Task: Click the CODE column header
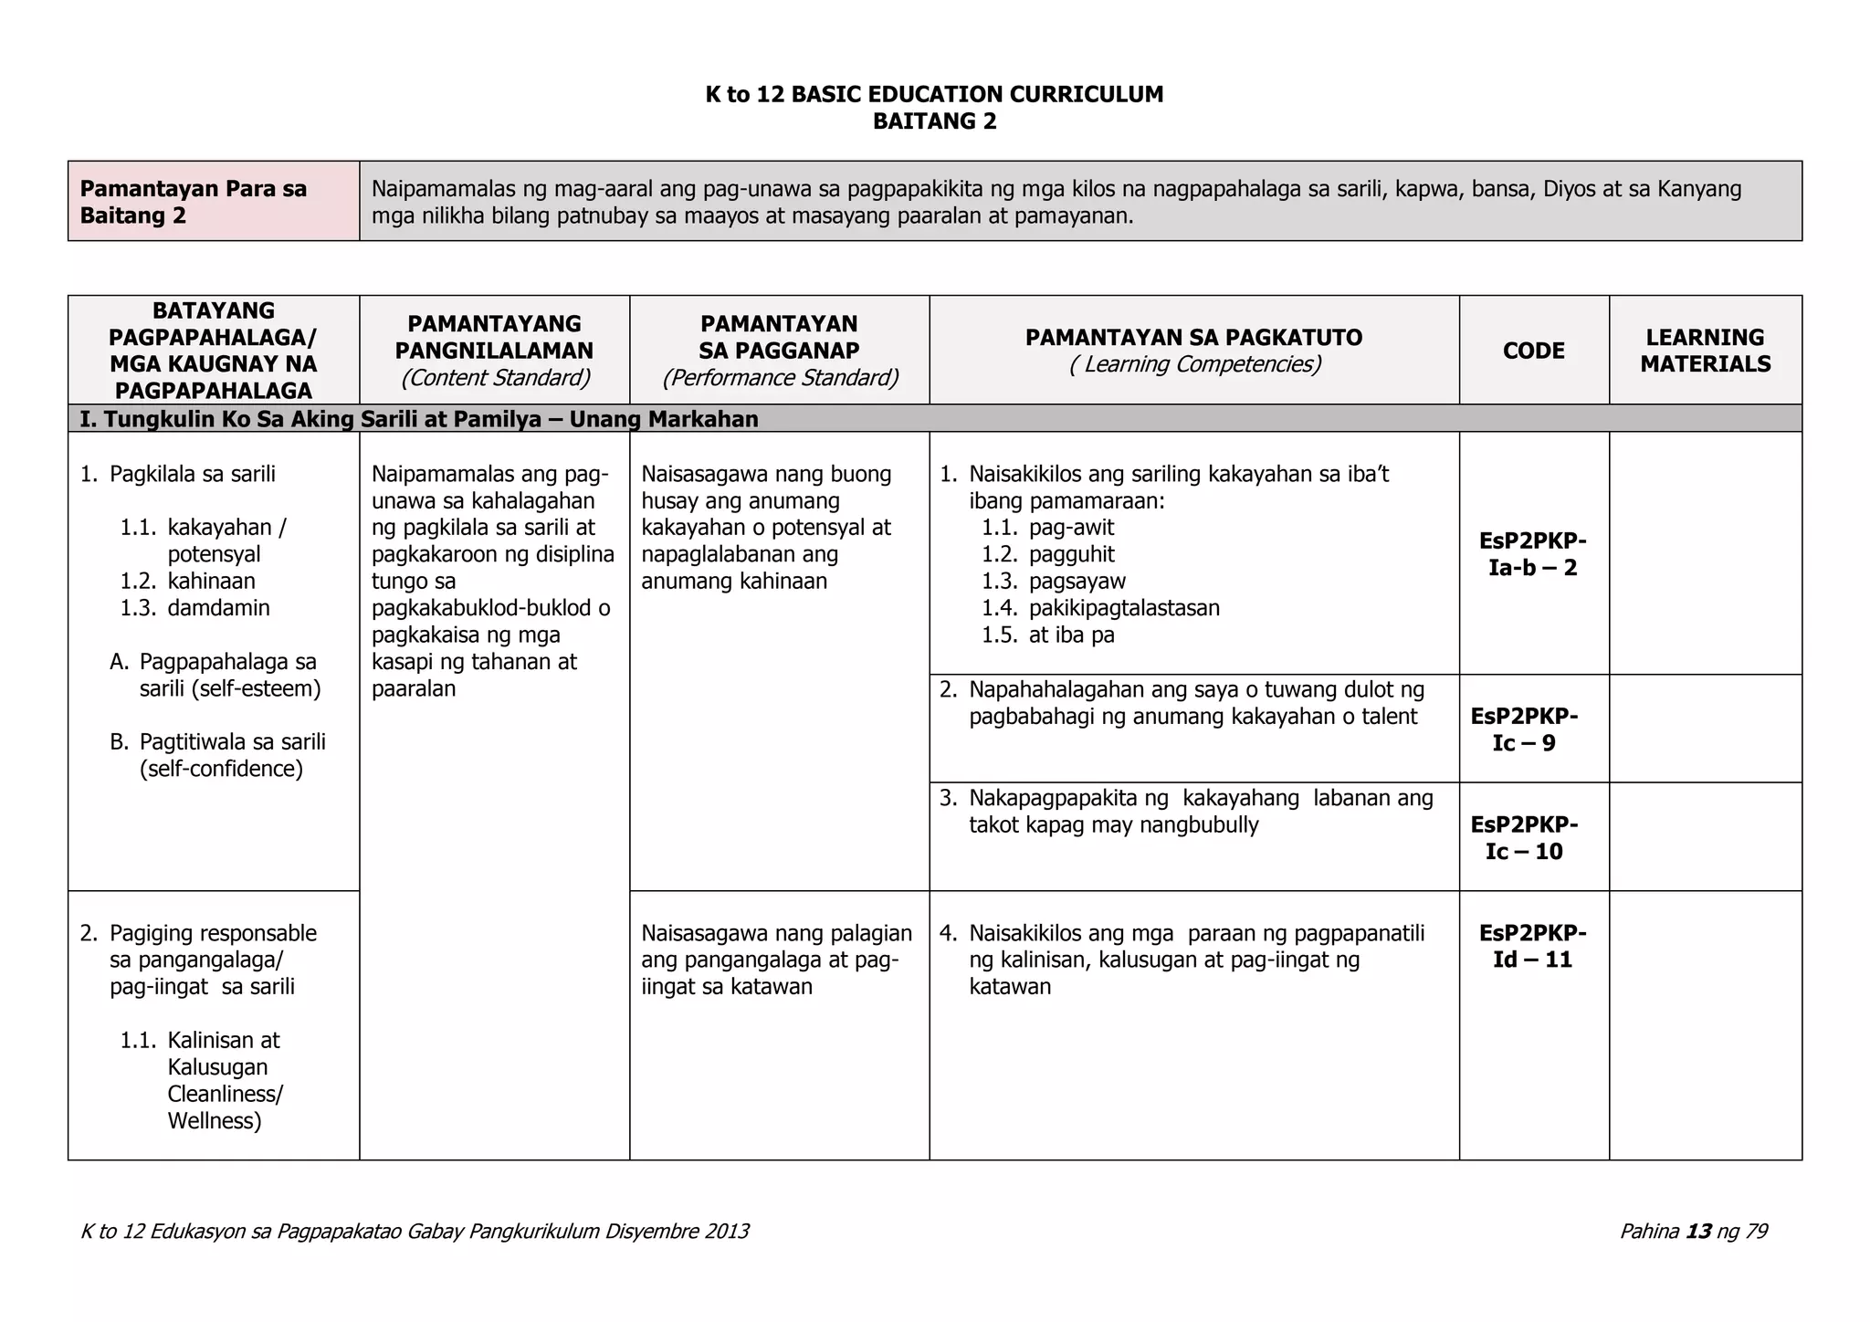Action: click(x=1533, y=351)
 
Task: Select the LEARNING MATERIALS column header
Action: click(x=1705, y=351)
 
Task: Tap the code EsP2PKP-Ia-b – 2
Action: click(x=1532, y=554)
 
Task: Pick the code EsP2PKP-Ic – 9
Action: click(x=1524, y=729)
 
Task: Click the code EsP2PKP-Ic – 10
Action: click(x=1524, y=838)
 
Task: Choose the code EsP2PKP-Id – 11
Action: click(x=1532, y=946)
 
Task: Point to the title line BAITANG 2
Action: click(x=934, y=121)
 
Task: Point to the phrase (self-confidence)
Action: click(x=221, y=769)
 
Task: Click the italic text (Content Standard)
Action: click(x=495, y=378)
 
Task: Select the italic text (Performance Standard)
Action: click(x=780, y=378)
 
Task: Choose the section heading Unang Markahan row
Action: click(x=419, y=419)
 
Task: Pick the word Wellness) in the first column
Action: click(x=215, y=1121)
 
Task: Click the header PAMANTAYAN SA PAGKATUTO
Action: click(x=1193, y=338)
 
